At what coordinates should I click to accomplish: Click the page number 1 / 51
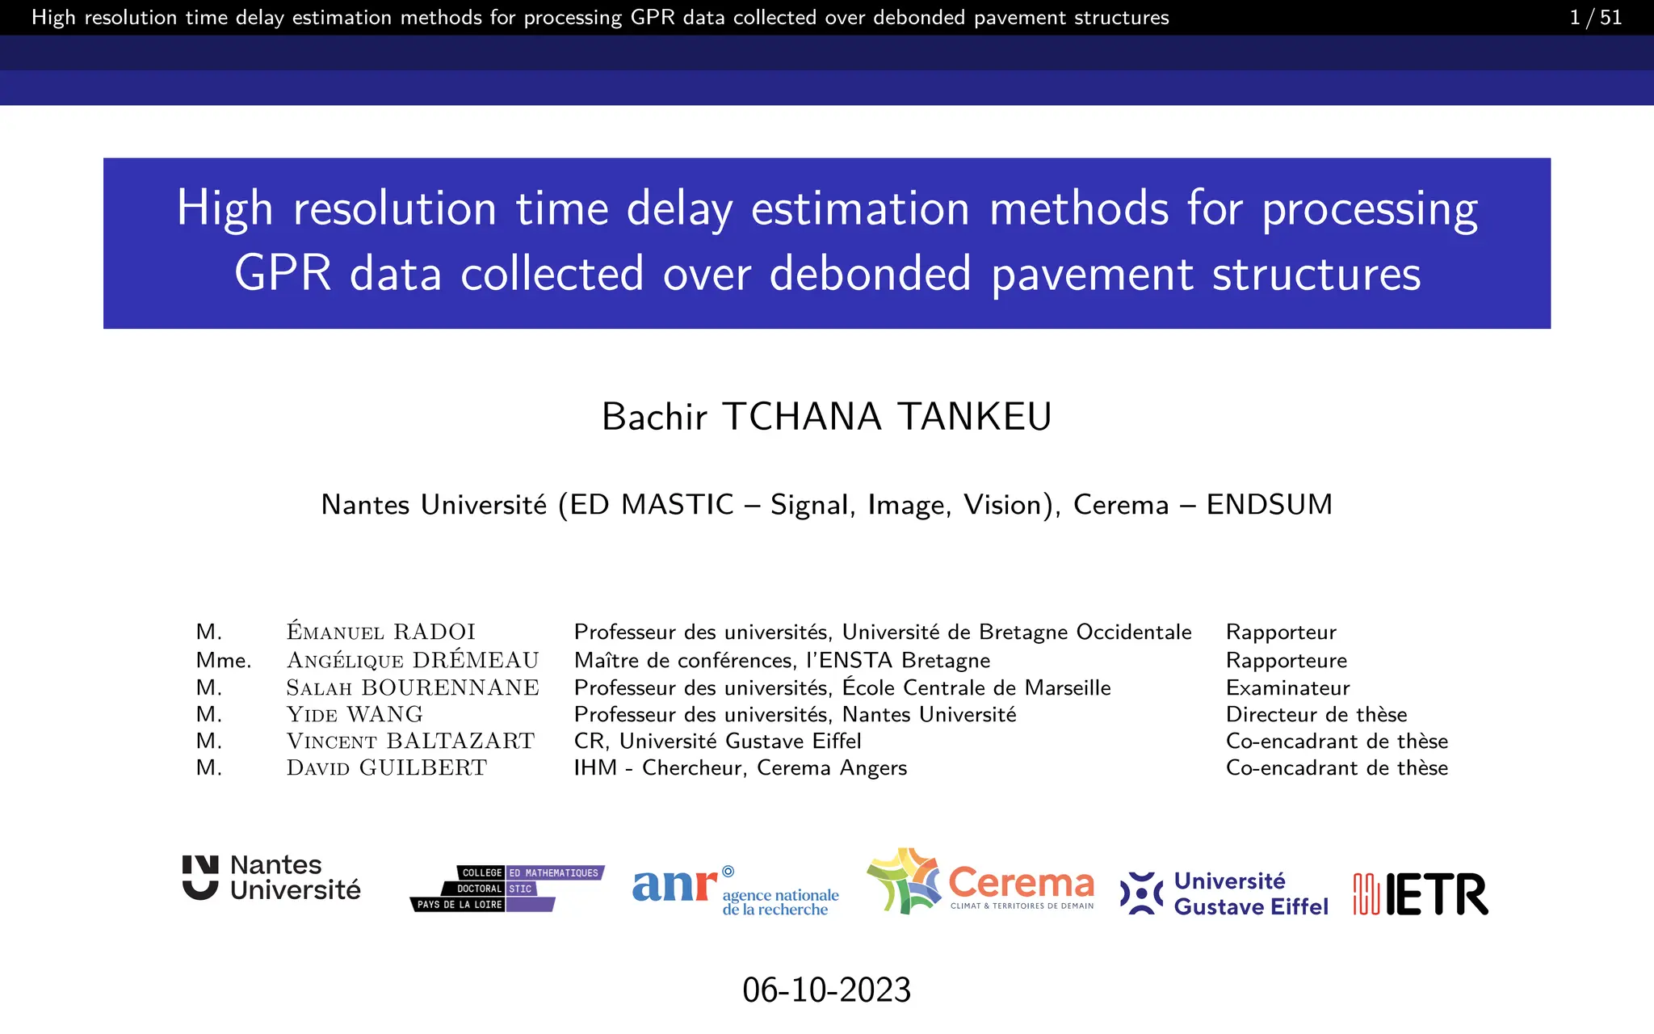(1595, 18)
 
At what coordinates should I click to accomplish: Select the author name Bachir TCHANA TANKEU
(826, 417)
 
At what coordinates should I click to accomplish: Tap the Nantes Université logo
(271, 878)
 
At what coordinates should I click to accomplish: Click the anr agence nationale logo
(735, 891)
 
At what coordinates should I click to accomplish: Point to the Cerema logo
(980, 882)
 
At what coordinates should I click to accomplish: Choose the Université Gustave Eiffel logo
(1224, 893)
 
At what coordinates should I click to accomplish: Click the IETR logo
(1421, 894)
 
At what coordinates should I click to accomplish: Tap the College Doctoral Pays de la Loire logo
(507, 889)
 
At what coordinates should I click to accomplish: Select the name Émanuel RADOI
(380, 633)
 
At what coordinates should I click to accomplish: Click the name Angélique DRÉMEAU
(412, 661)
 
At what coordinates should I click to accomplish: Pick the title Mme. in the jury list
(223, 661)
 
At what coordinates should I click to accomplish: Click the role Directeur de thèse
(1316, 715)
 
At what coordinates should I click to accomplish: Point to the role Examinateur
(1287, 688)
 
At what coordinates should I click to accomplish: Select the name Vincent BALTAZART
(410, 742)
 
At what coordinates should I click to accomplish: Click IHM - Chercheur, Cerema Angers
(740, 768)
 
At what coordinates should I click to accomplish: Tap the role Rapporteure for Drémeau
(1286, 661)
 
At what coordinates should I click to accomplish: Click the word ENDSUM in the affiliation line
(1269, 505)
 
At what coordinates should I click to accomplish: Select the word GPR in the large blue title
(282, 274)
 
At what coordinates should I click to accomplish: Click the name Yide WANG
(355, 715)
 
